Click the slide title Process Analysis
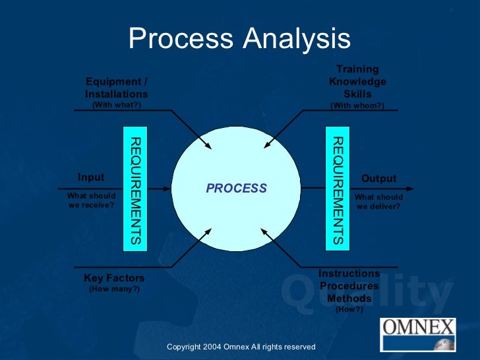(x=239, y=39)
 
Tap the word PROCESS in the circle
(x=236, y=189)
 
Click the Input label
(x=91, y=177)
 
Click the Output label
(x=378, y=179)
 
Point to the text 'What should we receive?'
(x=91, y=200)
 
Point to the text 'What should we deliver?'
(x=378, y=201)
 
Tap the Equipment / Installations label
(x=117, y=88)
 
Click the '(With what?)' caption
(x=116, y=105)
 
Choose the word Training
(x=357, y=69)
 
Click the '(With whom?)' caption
(x=357, y=105)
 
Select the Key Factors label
(x=114, y=278)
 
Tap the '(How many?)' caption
(x=114, y=289)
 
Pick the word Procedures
(x=349, y=286)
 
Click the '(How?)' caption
(x=349, y=309)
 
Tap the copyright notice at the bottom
(x=241, y=347)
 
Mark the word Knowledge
(x=357, y=82)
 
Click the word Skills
(x=357, y=94)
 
